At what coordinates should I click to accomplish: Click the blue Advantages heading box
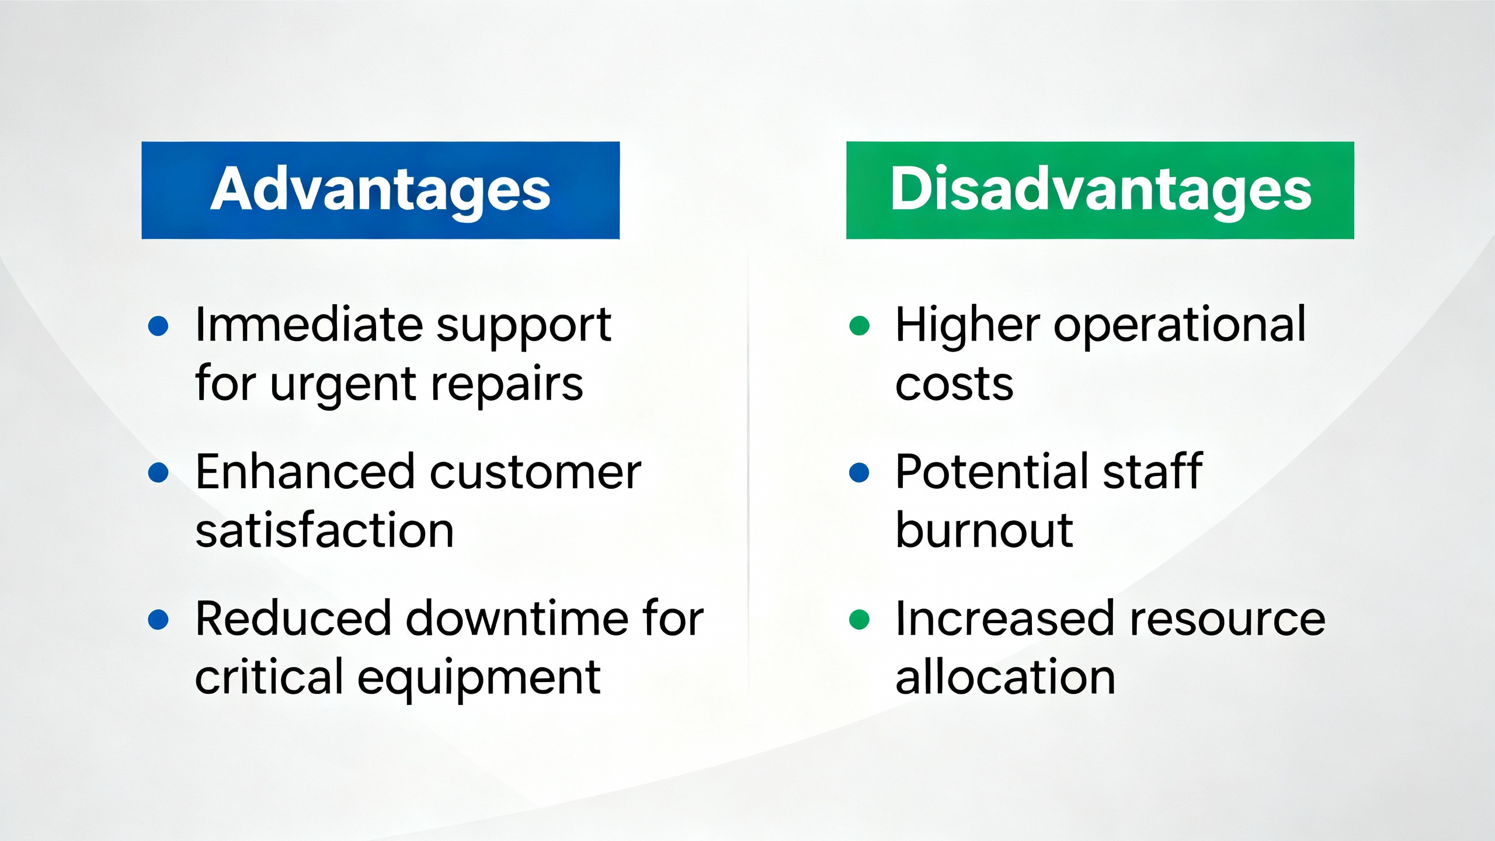click(380, 190)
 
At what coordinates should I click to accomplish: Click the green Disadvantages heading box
click(1100, 190)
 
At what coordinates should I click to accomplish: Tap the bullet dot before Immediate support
click(158, 326)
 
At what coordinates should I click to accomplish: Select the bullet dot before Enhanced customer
click(158, 472)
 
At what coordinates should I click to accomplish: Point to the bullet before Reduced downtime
click(158, 620)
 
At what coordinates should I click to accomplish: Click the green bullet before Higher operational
click(859, 326)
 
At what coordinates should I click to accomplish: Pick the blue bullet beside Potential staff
click(859, 472)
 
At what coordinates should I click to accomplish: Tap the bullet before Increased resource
click(859, 620)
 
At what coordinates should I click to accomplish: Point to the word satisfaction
click(325, 530)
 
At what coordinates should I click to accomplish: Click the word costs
click(954, 385)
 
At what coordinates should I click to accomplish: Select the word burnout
click(984, 530)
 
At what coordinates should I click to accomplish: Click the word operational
click(1180, 327)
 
